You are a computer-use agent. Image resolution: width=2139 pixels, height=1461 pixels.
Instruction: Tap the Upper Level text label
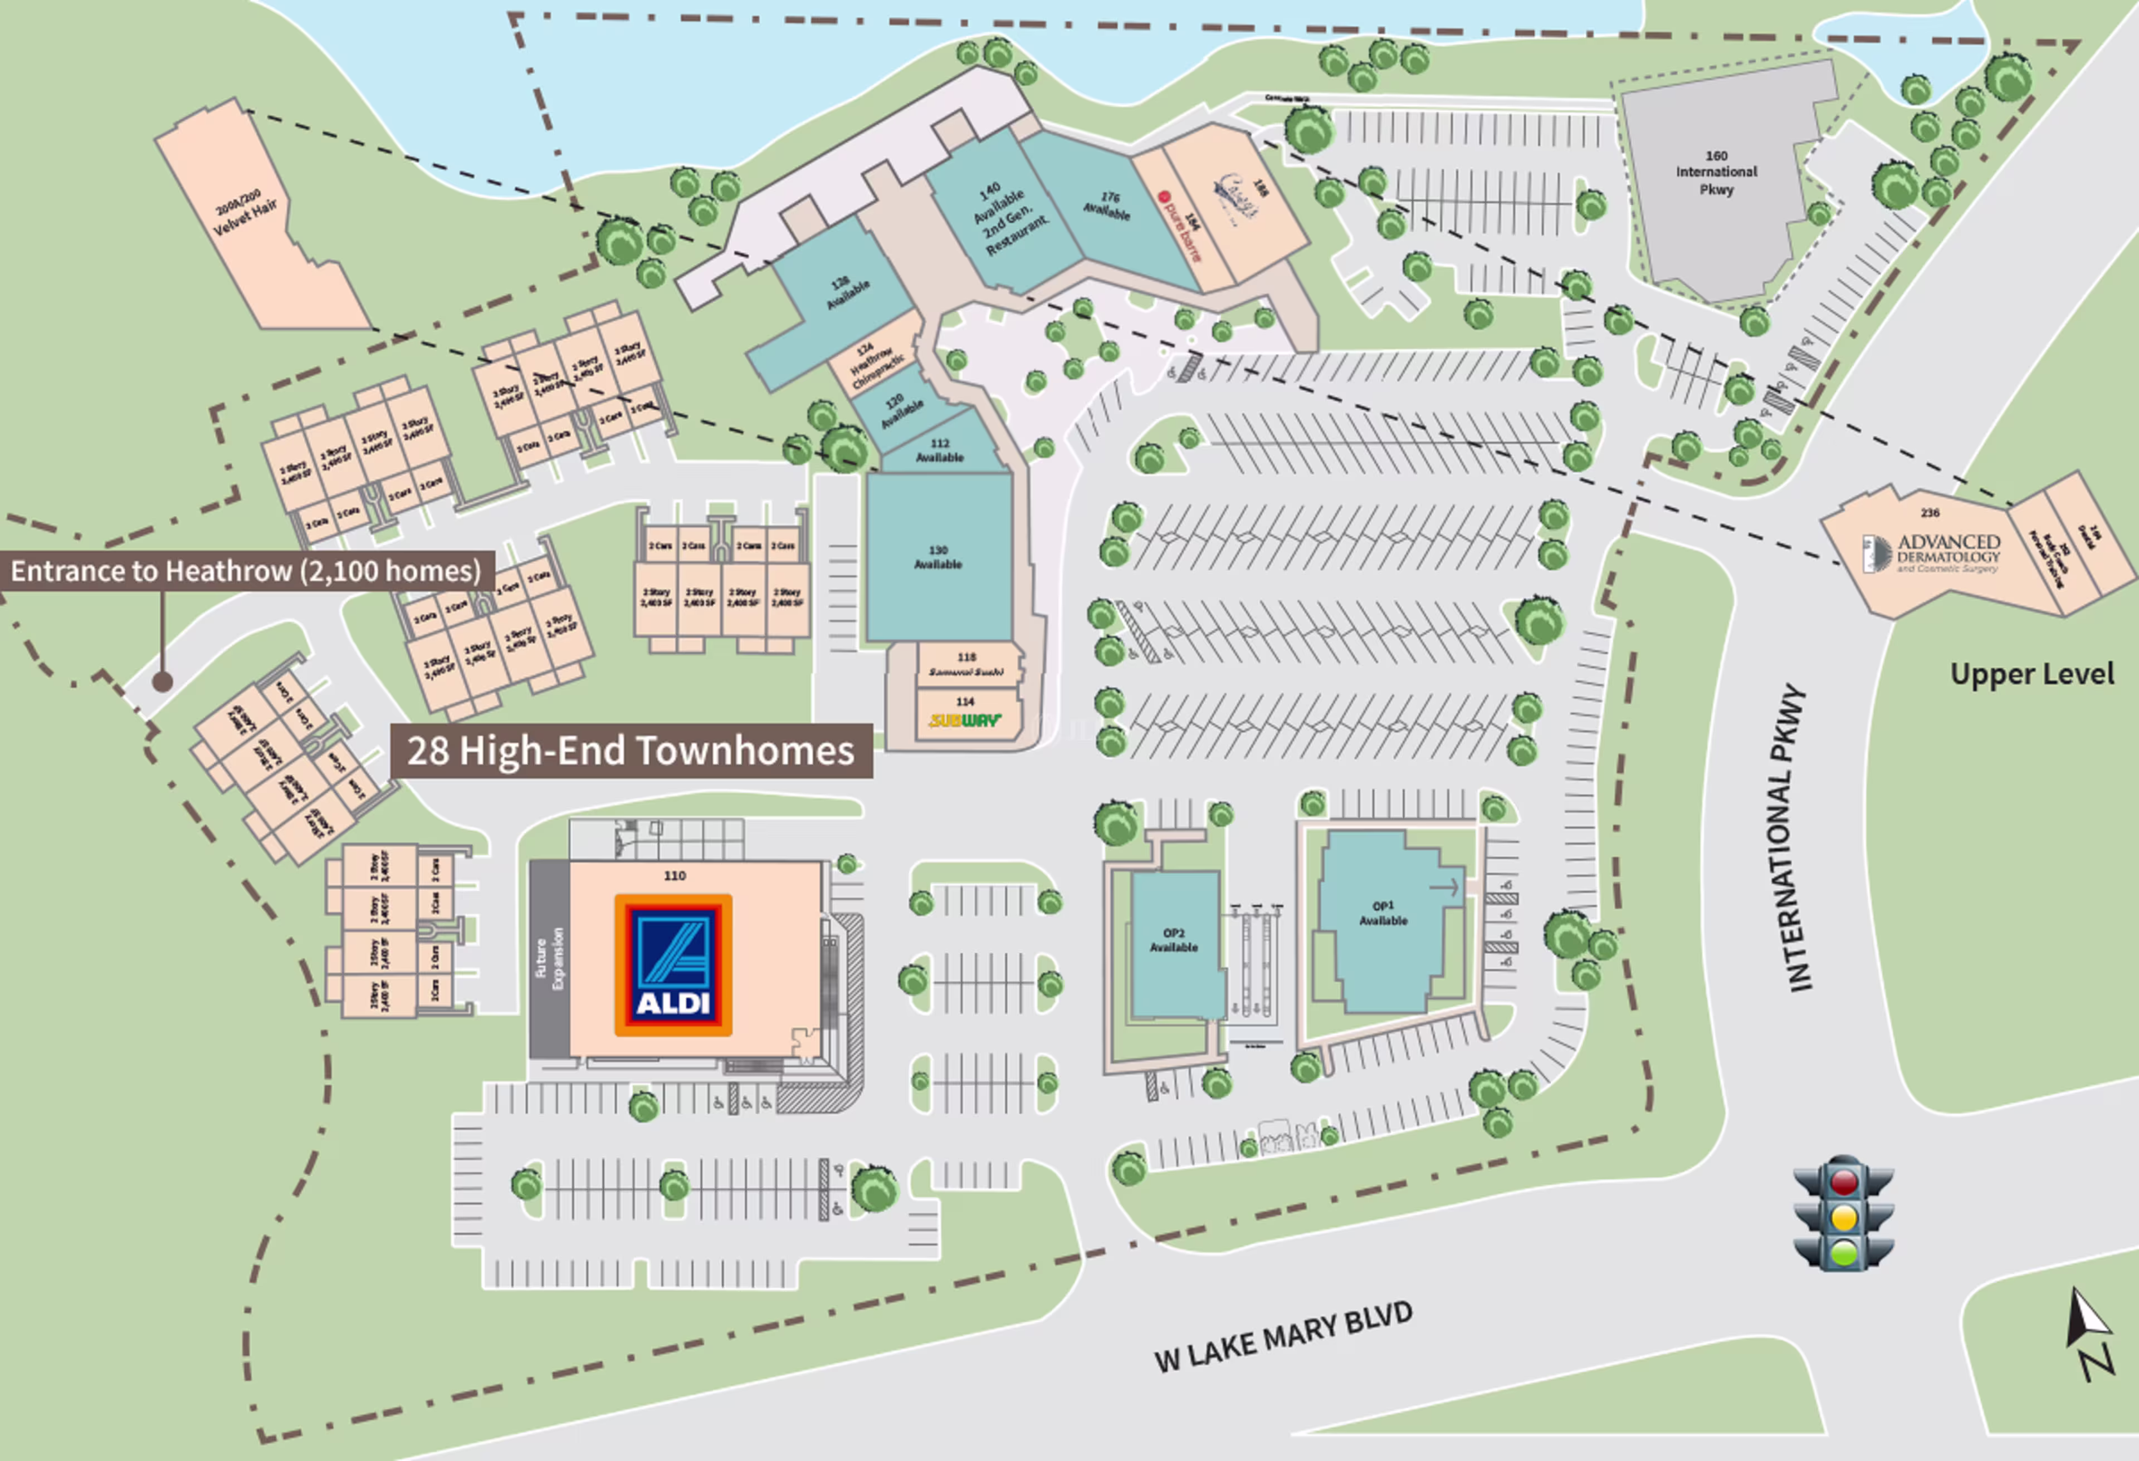tap(2031, 674)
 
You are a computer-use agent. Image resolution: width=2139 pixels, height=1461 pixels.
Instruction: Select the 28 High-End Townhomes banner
tap(631, 751)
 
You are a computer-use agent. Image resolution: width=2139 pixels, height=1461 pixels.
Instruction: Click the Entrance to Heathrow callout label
tap(246, 571)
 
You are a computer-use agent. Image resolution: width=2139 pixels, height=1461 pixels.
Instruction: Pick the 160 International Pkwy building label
tap(1716, 173)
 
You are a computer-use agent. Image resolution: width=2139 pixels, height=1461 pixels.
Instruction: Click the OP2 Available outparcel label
tap(1174, 939)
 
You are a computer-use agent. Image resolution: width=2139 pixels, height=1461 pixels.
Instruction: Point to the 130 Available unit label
tap(938, 557)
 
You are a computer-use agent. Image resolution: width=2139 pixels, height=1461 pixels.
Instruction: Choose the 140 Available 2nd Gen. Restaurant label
tap(1007, 219)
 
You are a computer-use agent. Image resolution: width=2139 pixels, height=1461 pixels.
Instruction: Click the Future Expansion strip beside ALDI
tap(549, 959)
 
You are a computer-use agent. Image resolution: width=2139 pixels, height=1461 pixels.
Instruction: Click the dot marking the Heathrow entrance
tap(163, 682)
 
